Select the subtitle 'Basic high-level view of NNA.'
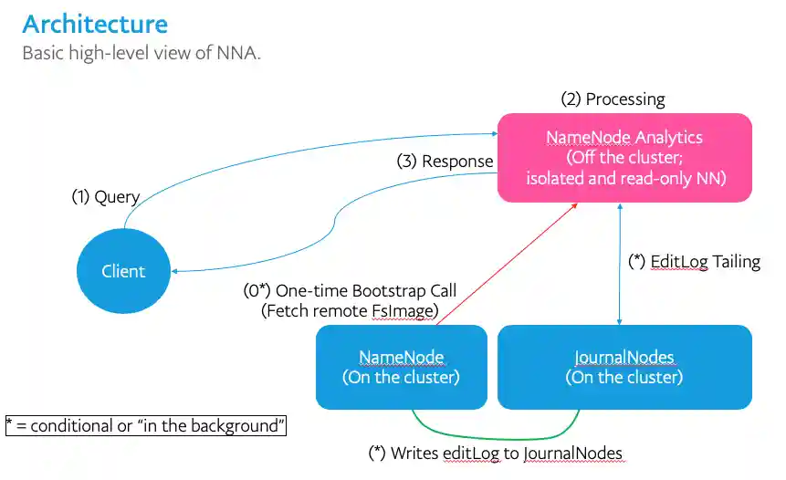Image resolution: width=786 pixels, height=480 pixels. [141, 53]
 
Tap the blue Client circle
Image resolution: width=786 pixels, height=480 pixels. [123, 271]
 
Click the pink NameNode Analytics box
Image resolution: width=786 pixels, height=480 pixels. [624, 157]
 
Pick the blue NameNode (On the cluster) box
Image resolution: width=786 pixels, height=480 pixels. [401, 366]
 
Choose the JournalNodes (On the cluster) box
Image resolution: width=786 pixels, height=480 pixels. [624, 366]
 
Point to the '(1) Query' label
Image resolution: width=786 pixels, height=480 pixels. [106, 197]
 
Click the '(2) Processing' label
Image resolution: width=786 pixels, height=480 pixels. [613, 99]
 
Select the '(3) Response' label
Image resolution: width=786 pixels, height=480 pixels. [445, 162]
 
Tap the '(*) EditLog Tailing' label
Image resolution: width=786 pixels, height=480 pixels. [695, 262]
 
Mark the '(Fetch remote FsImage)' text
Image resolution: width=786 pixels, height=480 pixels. [350, 311]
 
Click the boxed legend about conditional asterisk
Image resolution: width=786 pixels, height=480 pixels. [145, 426]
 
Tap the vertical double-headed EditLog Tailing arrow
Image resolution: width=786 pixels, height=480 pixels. [621, 265]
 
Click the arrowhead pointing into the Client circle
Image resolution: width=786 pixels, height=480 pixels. [177, 271]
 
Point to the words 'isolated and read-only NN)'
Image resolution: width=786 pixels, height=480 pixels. [625, 178]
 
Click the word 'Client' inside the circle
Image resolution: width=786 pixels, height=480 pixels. [123, 271]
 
